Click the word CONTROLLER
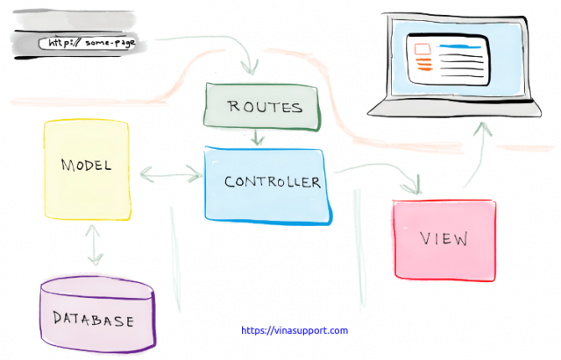pos(272,182)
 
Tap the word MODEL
pos(86,166)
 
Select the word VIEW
pos(443,238)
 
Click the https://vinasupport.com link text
pos(294,331)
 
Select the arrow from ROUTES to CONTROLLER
pos(256,138)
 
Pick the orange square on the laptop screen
pos(422,49)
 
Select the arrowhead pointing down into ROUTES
pos(253,68)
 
